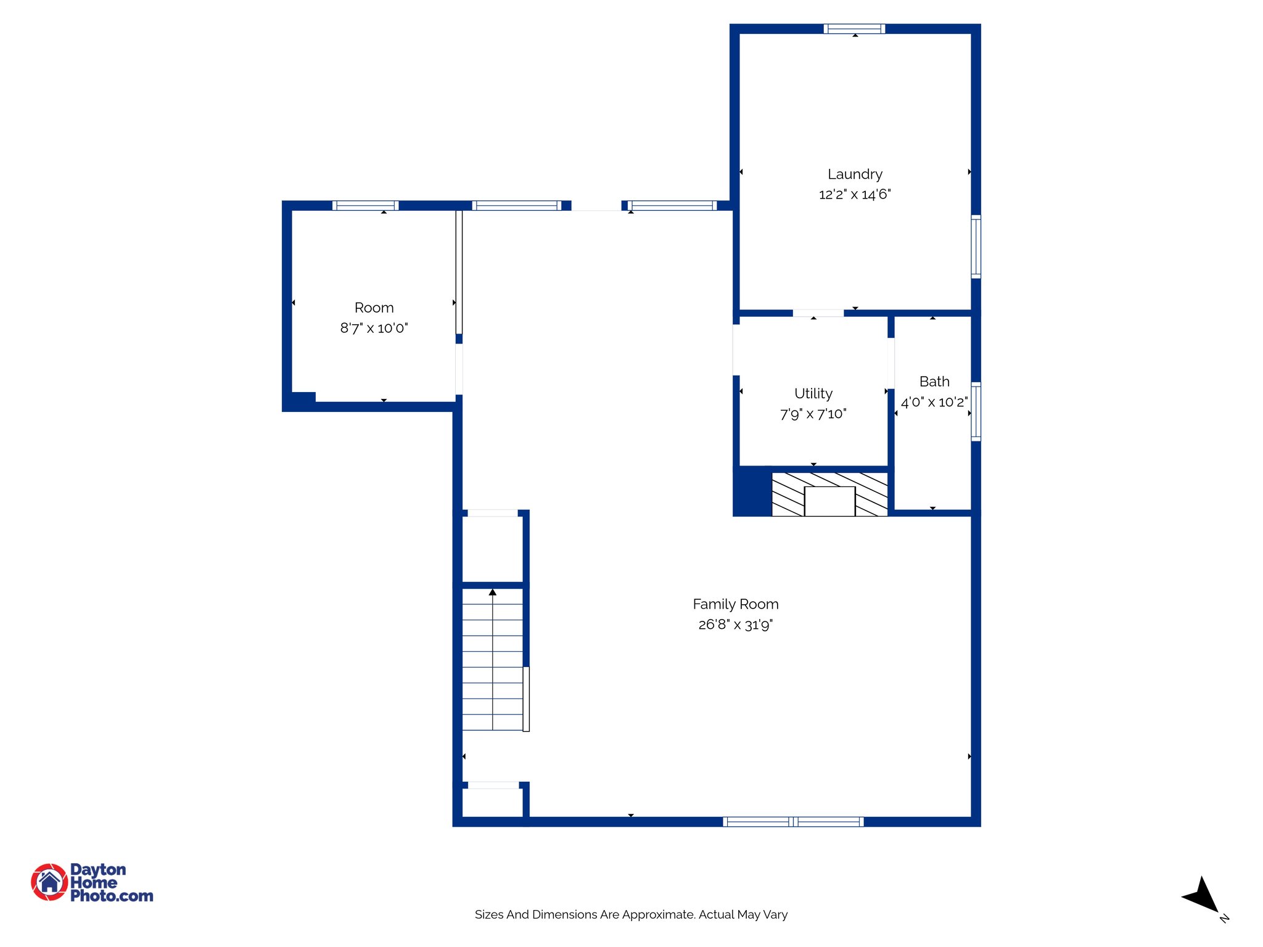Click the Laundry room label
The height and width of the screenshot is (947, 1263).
tap(855, 174)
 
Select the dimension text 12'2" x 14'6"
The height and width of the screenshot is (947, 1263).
tap(855, 195)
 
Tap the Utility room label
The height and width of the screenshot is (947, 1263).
tap(813, 393)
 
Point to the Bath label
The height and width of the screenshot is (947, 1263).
tap(934, 382)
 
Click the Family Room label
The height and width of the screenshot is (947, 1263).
tap(735, 604)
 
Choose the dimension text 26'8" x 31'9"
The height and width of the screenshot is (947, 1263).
tap(735, 625)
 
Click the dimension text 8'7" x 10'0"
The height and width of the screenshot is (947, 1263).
tap(374, 328)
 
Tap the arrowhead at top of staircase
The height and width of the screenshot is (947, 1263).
tap(492, 592)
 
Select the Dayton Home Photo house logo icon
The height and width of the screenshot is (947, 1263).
tap(49, 882)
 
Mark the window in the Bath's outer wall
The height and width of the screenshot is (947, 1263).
tap(976, 411)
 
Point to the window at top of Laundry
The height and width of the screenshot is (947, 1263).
tap(854, 28)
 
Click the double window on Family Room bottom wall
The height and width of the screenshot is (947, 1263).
tap(793, 821)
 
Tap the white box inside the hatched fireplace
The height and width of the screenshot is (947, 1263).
tap(829, 501)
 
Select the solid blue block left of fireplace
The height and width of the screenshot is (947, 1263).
tap(752, 491)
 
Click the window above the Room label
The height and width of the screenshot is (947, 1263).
tap(365, 205)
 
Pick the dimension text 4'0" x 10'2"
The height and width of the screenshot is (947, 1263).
tap(934, 403)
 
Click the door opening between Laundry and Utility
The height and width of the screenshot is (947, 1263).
tap(818, 313)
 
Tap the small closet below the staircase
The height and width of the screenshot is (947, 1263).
tap(492, 803)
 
